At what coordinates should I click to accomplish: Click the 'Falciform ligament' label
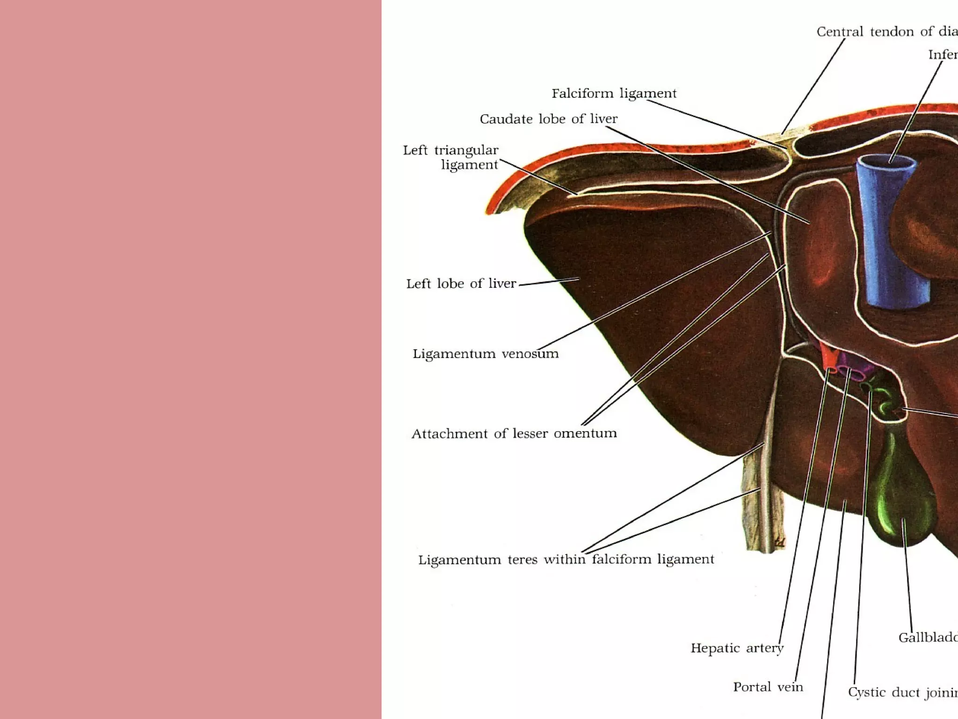tap(614, 94)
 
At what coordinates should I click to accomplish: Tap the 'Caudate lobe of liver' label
tap(548, 119)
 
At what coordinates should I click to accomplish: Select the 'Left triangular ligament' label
tap(451, 157)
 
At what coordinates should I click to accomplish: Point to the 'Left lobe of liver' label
tap(461, 284)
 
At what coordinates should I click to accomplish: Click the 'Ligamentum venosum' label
tap(485, 354)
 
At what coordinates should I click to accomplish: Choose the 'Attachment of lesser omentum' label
tap(514, 434)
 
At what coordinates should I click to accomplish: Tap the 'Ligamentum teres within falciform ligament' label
tap(566, 559)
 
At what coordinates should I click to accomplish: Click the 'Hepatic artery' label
tap(737, 648)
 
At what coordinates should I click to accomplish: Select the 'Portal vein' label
tap(768, 687)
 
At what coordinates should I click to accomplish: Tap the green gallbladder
tap(896, 496)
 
